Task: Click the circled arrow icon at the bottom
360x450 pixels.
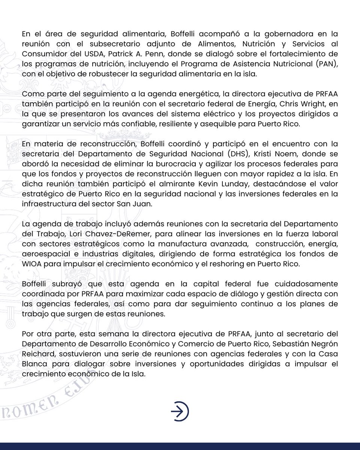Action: pos(180,412)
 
